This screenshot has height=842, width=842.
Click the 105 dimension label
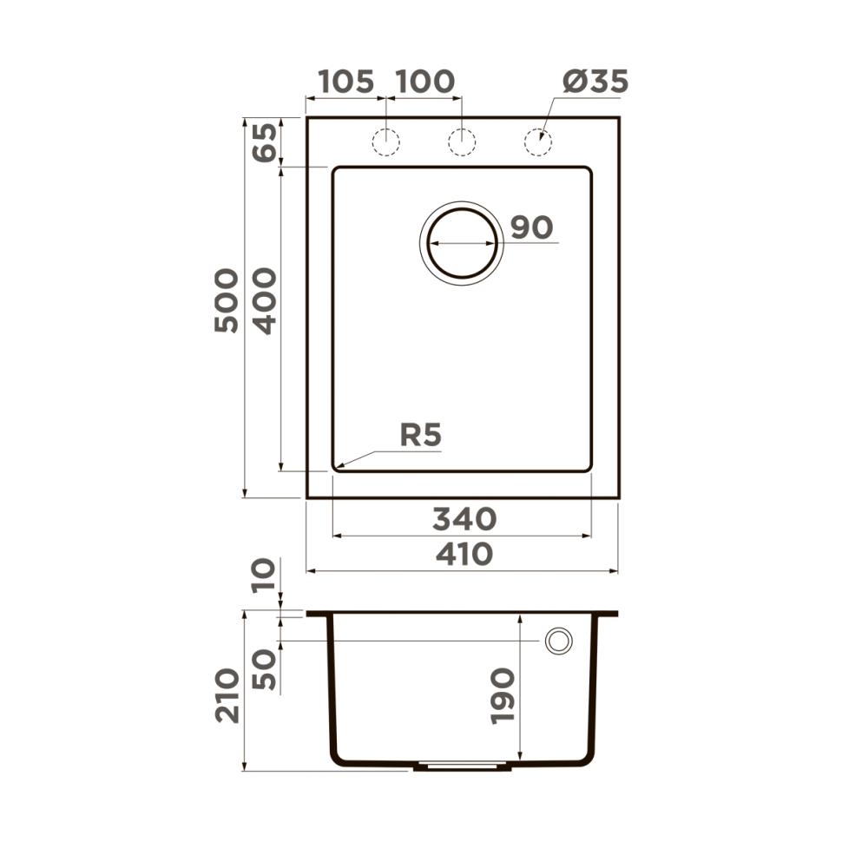click(345, 82)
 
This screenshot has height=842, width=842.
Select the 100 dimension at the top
click(424, 82)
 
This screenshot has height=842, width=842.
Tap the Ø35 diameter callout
click(594, 82)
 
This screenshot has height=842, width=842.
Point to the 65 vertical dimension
click(264, 141)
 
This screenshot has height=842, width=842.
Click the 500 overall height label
click(227, 300)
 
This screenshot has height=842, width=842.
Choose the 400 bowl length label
click(264, 300)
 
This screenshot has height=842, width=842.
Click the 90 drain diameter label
click(531, 227)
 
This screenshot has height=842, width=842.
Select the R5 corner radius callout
click(421, 435)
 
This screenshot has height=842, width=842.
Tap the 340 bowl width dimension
click(464, 519)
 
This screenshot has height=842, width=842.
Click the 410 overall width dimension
click(464, 554)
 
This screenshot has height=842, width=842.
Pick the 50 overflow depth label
click(264, 669)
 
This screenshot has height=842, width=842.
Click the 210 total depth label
click(227, 694)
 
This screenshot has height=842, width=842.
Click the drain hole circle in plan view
click(463, 242)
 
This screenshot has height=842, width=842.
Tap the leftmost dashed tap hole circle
click(385, 141)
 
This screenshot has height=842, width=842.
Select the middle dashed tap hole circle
click(462, 141)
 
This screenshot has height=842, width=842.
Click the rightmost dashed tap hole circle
click(538, 141)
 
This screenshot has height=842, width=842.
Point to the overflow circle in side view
click(559, 641)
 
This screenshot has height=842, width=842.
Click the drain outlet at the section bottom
click(460, 766)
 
